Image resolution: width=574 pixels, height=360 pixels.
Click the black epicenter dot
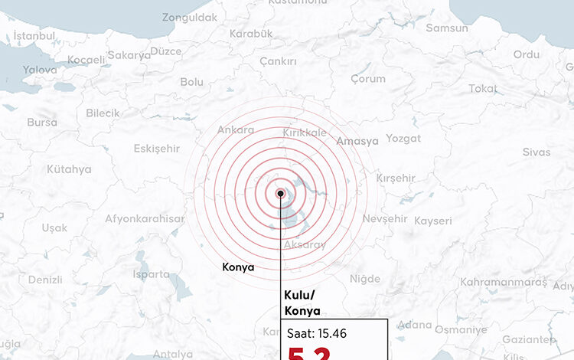point(281,194)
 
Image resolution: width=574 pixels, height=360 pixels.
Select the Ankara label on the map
point(236,130)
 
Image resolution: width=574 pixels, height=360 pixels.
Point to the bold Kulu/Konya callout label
point(302,303)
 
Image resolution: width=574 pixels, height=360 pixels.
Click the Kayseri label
point(433,221)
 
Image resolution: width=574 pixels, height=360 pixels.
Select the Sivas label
point(536,152)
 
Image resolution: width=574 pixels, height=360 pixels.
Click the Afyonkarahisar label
point(145,219)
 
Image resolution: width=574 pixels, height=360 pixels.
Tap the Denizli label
point(45,280)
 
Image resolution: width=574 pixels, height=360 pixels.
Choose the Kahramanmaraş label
point(504,283)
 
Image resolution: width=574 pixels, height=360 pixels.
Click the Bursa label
point(42,122)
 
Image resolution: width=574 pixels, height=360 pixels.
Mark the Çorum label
point(368,79)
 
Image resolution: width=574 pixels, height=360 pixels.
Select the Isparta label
point(152,273)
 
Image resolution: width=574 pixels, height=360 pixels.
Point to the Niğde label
point(364,279)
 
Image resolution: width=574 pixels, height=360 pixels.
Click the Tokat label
point(483,88)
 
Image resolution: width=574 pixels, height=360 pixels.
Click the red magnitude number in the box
point(309,352)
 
